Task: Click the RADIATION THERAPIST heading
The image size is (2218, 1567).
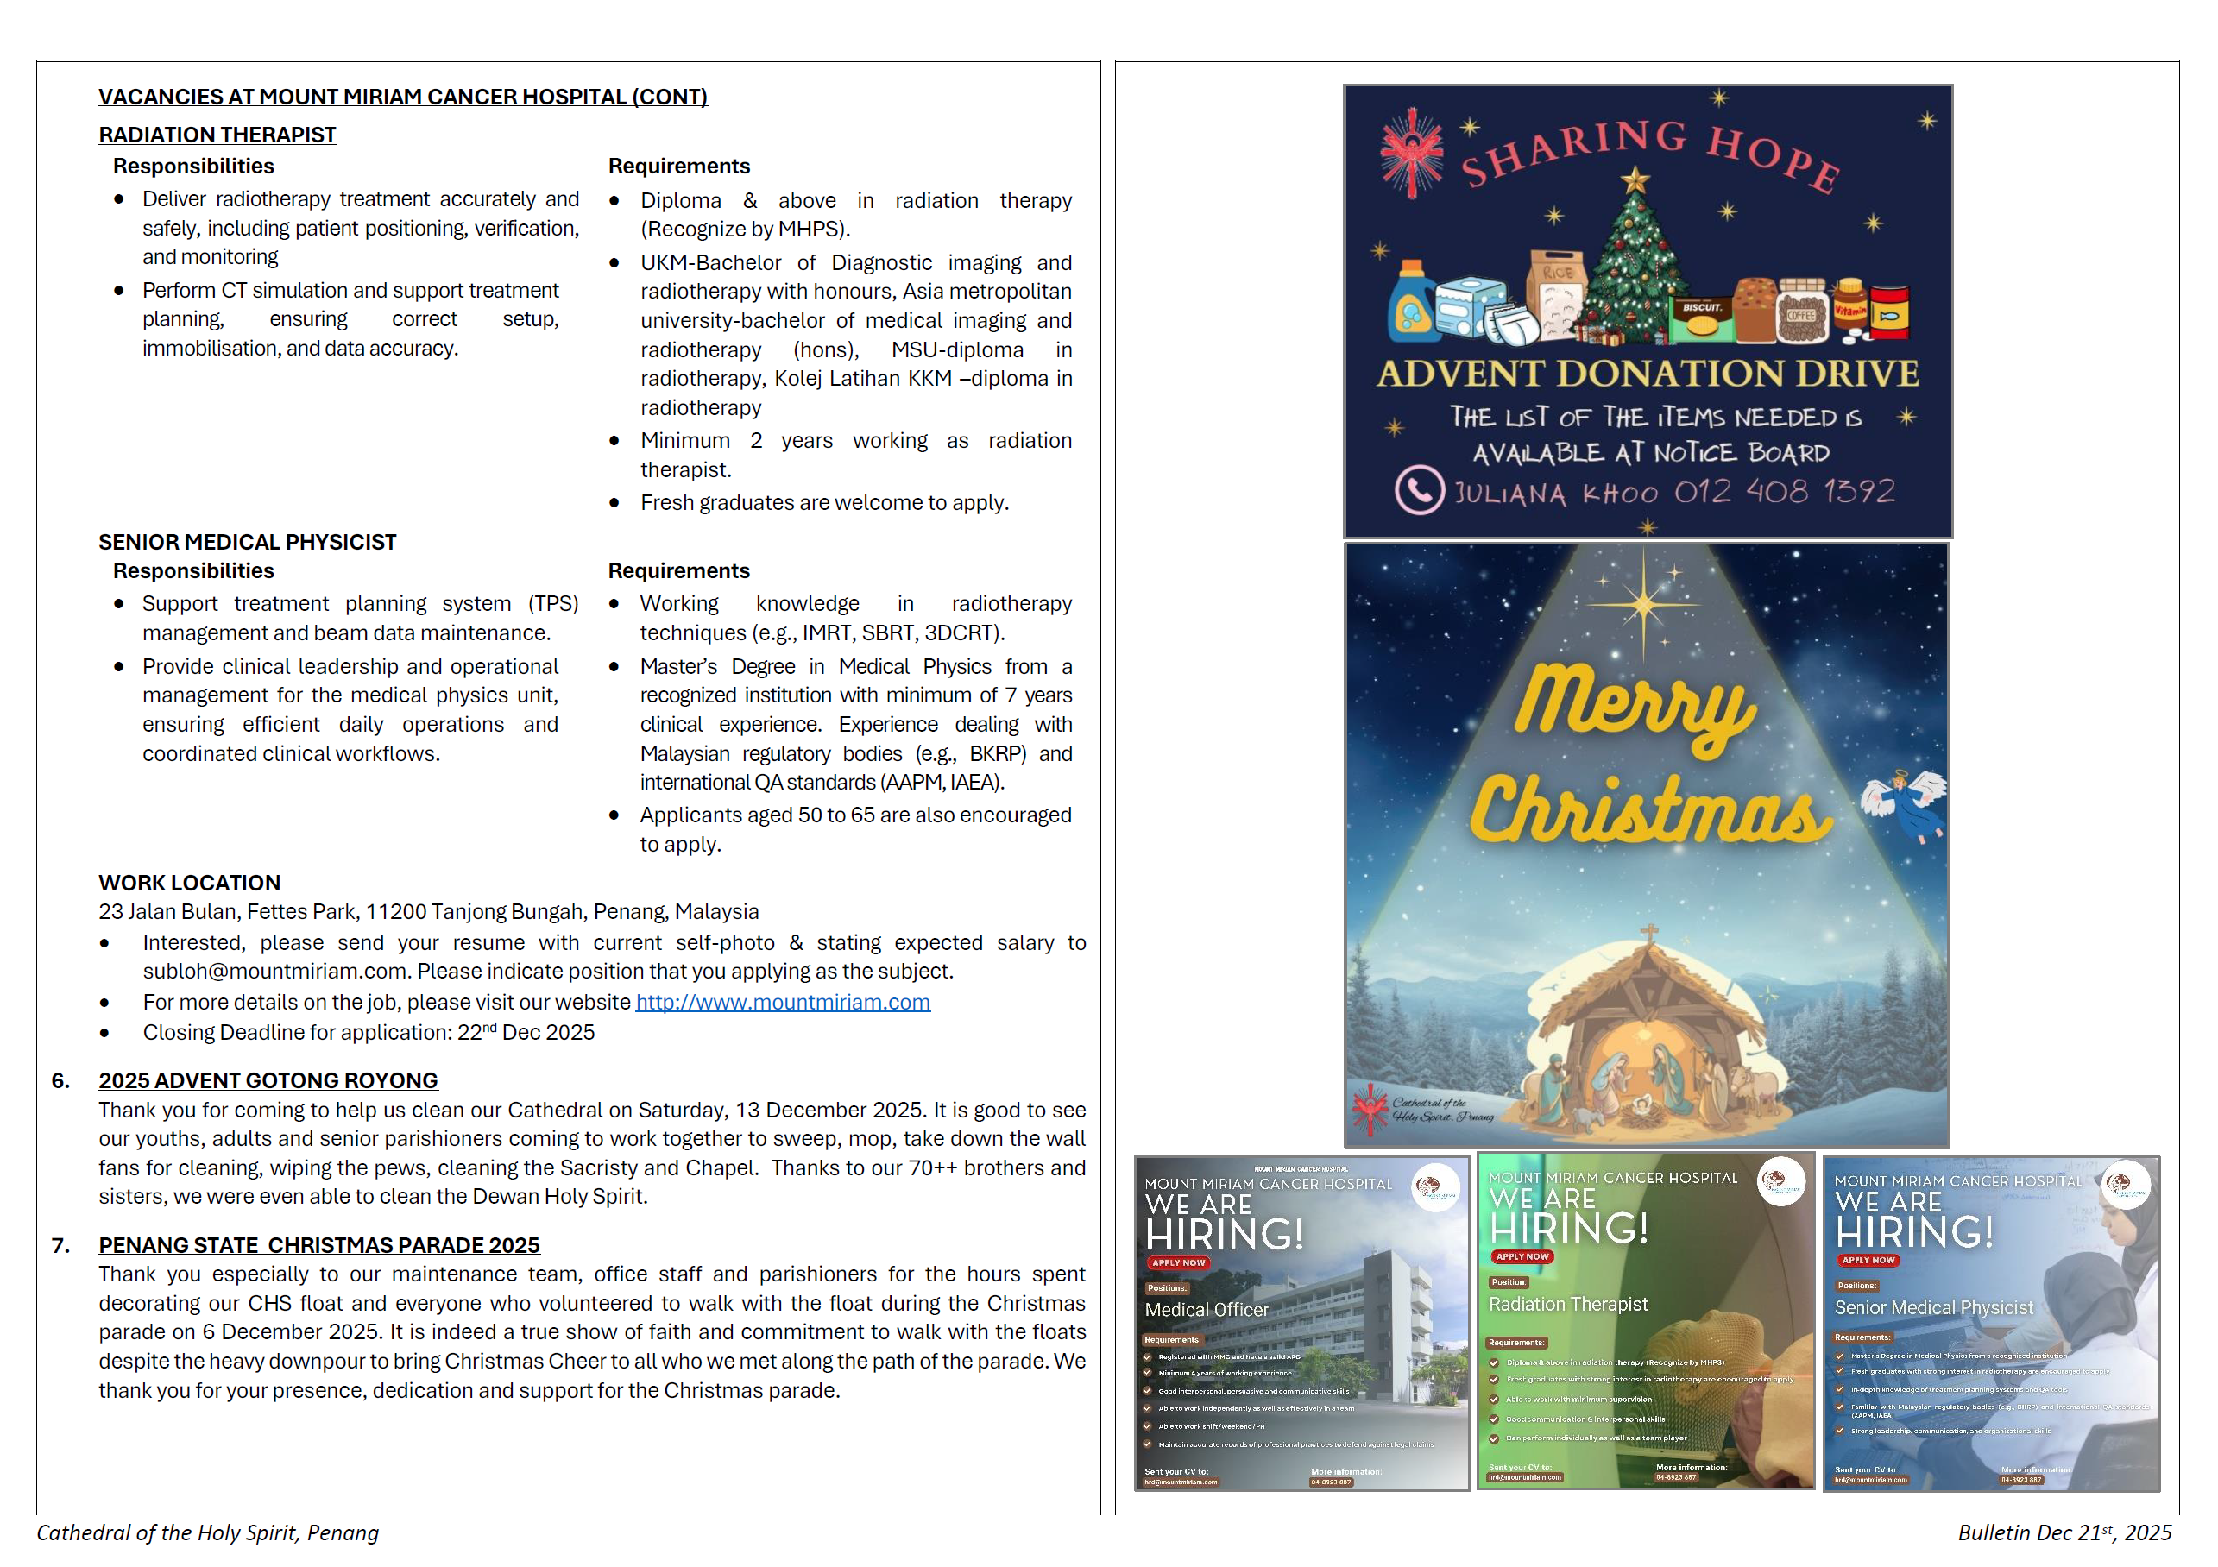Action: point(217,135)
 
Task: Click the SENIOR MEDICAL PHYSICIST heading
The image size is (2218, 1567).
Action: point(248,542)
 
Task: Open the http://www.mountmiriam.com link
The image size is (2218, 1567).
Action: point(783,1002)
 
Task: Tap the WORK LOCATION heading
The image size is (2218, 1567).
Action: point(189,883)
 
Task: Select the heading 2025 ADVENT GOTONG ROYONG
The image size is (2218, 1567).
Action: point(268,1080)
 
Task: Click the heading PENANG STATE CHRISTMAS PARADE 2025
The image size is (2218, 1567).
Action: point(318,1245)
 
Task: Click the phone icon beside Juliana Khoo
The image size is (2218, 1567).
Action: point(1419,490)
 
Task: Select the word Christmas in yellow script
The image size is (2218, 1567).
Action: point(1650,809)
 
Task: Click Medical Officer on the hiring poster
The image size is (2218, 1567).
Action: point(1207,1310)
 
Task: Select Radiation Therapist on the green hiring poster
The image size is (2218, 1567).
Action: point(1568,1304)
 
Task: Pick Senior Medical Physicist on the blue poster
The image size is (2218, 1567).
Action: point(1934,1308)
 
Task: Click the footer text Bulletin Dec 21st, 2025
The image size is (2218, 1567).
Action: point(2064,1533)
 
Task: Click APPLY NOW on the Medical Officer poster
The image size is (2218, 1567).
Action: point(1179,1262)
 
